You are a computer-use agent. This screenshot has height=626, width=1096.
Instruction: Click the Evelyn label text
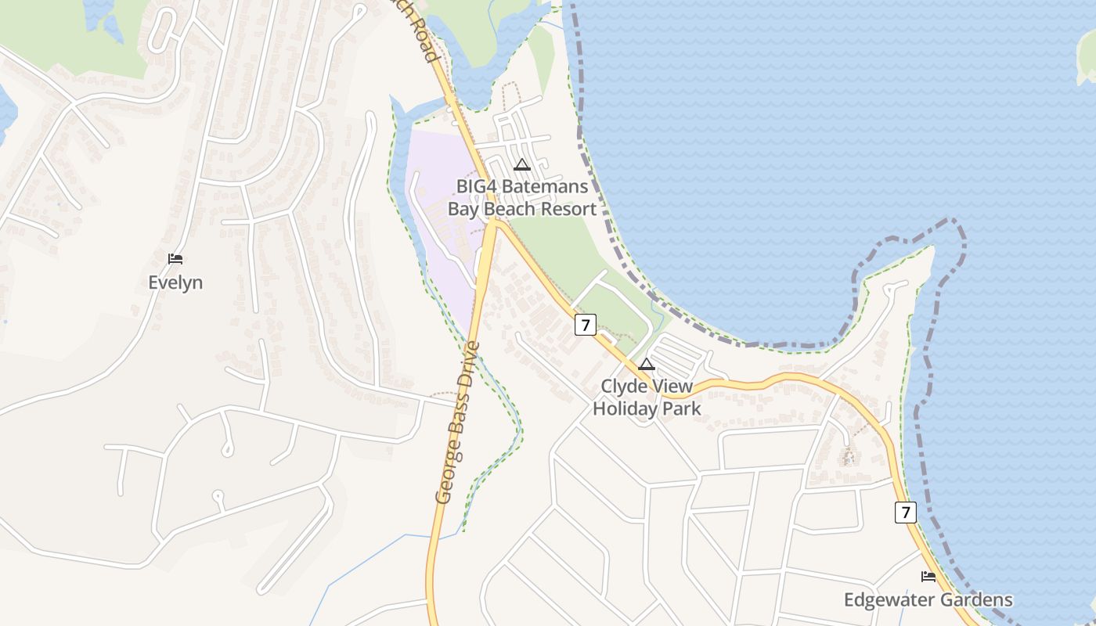(x=175, y=282)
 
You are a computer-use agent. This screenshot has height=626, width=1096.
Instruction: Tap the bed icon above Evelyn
(x=175, y=259)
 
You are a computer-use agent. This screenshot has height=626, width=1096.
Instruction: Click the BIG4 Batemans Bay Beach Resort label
(x=522, y=198)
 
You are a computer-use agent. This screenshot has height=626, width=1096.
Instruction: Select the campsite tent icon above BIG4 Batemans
(x=522, y=165)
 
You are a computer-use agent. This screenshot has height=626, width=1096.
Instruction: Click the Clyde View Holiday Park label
(x=647, y=398)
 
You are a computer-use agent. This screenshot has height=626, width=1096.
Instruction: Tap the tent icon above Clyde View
(x=647, y=364)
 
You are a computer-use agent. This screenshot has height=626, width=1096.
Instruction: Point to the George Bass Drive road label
(x=457, y=423)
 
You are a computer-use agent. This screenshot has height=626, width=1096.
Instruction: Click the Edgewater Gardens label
(x=928, y=600)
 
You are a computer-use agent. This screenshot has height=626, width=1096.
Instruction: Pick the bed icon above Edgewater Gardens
(x=928, y=577)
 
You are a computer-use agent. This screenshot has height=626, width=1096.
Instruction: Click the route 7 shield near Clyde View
(x=585, y=325)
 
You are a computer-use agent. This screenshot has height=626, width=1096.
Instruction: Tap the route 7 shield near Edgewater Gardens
(x=906, y=513)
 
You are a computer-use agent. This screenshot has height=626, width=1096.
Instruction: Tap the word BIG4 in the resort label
(x=478, y=187)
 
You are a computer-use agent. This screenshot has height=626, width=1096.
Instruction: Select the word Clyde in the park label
(x=624, y=387)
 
